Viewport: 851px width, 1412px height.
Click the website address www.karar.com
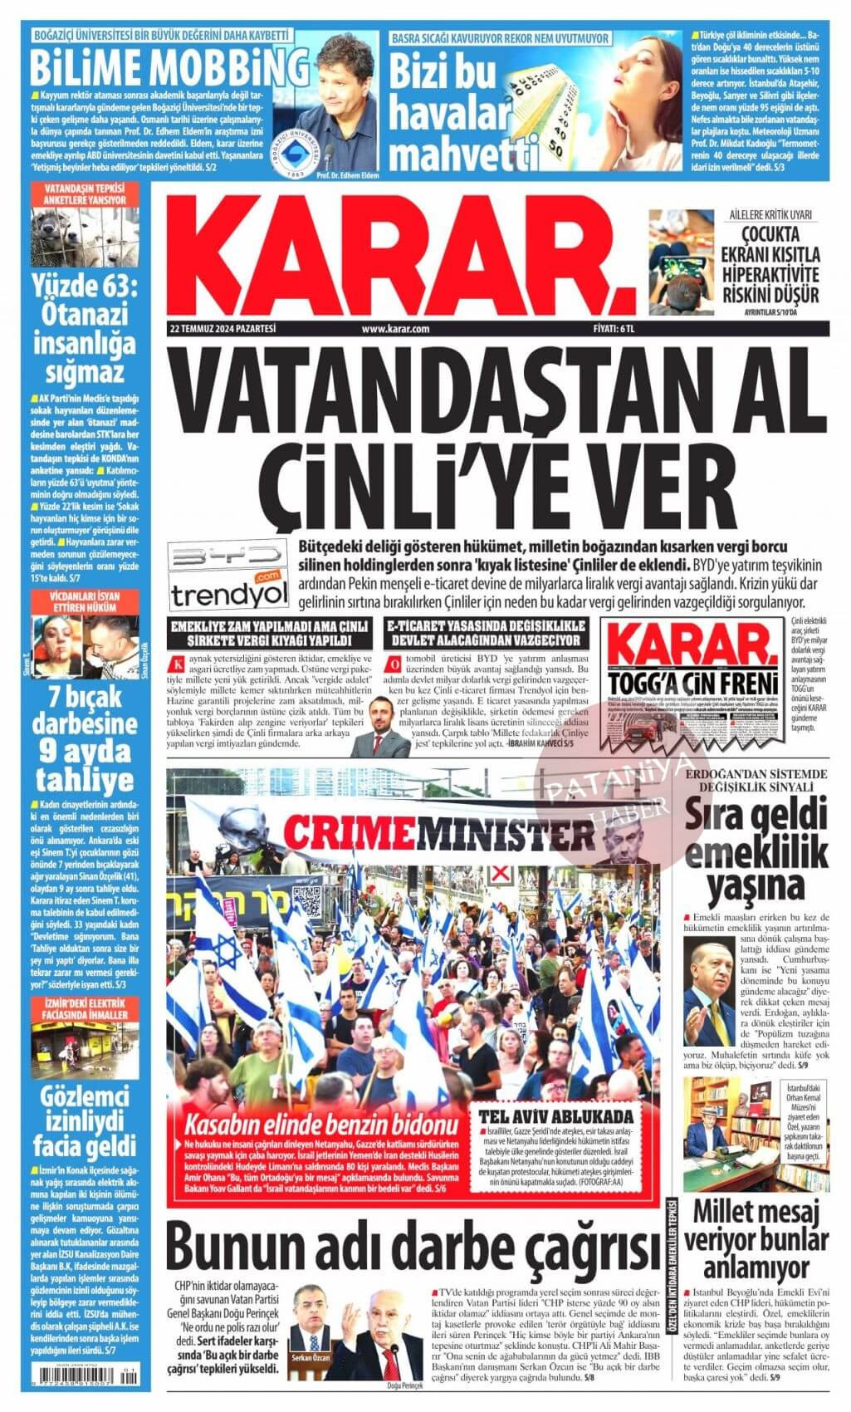(396, 329)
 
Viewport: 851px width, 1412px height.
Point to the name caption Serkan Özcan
(311, 1359)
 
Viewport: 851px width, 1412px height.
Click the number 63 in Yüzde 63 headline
(112, 287)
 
